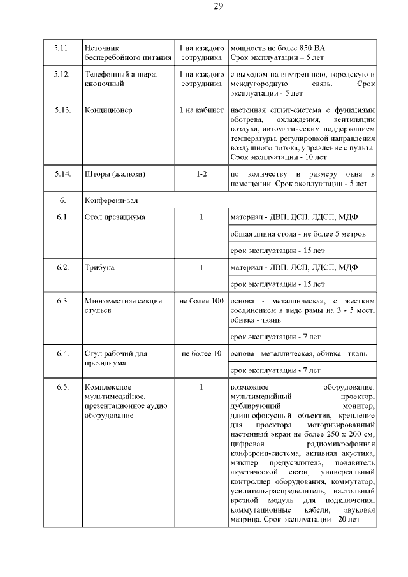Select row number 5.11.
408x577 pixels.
click(x=62, y=48)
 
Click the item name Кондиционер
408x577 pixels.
click(x=108, y=110)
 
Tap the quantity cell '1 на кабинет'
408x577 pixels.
click(x=201, y=110)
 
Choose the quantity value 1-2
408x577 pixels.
click(x=201, y=174)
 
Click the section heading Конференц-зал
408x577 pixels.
click(x=111, y=200)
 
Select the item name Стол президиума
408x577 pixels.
click(x=115, y=217)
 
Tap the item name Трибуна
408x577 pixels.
click(x=99, y=267)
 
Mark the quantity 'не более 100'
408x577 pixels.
click(x=201, y=300)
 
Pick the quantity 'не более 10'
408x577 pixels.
click(x=201, y=353)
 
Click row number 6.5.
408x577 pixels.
click(x=62, y=387)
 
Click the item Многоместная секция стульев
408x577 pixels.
click(x=123, y=305)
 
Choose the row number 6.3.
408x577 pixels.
click(x=62, y=300)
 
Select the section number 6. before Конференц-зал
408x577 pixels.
click(x=62, y=200)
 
